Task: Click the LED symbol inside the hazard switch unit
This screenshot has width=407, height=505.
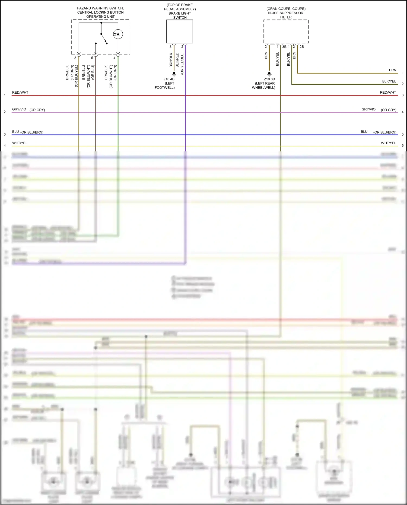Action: coord(118,34)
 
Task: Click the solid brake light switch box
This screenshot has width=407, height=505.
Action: coord(180,31)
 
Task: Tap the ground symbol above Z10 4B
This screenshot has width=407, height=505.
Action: coord(174,74)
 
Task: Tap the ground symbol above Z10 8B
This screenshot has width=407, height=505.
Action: coord(269,74)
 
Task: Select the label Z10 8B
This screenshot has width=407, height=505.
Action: coord(269,79)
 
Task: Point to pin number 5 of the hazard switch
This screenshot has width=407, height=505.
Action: coord(92,58)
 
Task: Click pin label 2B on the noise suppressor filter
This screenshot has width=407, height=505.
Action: coord(302,47)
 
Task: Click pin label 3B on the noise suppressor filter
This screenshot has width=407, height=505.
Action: coord(284,47)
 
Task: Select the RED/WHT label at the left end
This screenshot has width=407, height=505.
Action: coord(20,93)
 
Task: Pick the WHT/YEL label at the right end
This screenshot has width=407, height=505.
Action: coord(388,143)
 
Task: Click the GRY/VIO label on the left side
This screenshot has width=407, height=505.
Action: coord(19,109)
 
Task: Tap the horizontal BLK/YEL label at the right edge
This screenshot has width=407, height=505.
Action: coord(389,81)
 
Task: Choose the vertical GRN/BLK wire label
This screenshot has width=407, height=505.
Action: coord(106,73)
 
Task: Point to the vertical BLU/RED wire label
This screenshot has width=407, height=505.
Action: coord(177,60)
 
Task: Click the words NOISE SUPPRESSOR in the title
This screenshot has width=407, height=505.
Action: coord(286,13)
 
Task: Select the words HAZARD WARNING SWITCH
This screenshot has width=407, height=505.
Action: coord(100,8)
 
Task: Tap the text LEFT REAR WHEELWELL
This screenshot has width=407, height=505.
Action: coord(264,85)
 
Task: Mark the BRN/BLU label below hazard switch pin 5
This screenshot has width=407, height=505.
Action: coord(84,72)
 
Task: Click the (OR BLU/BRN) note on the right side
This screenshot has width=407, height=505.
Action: coord(385,132)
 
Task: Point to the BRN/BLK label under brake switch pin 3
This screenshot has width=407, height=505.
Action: coord(171,60)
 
